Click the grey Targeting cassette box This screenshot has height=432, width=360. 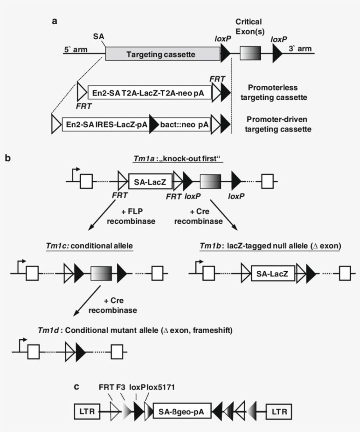[162, 54]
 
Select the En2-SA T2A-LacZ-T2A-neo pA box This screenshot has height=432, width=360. [149, 93]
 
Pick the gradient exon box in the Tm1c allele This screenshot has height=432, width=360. [101, 274]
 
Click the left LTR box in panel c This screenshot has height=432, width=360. [86, 412]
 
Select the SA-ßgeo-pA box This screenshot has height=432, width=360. [182, 412]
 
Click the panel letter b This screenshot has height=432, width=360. [7, 156]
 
